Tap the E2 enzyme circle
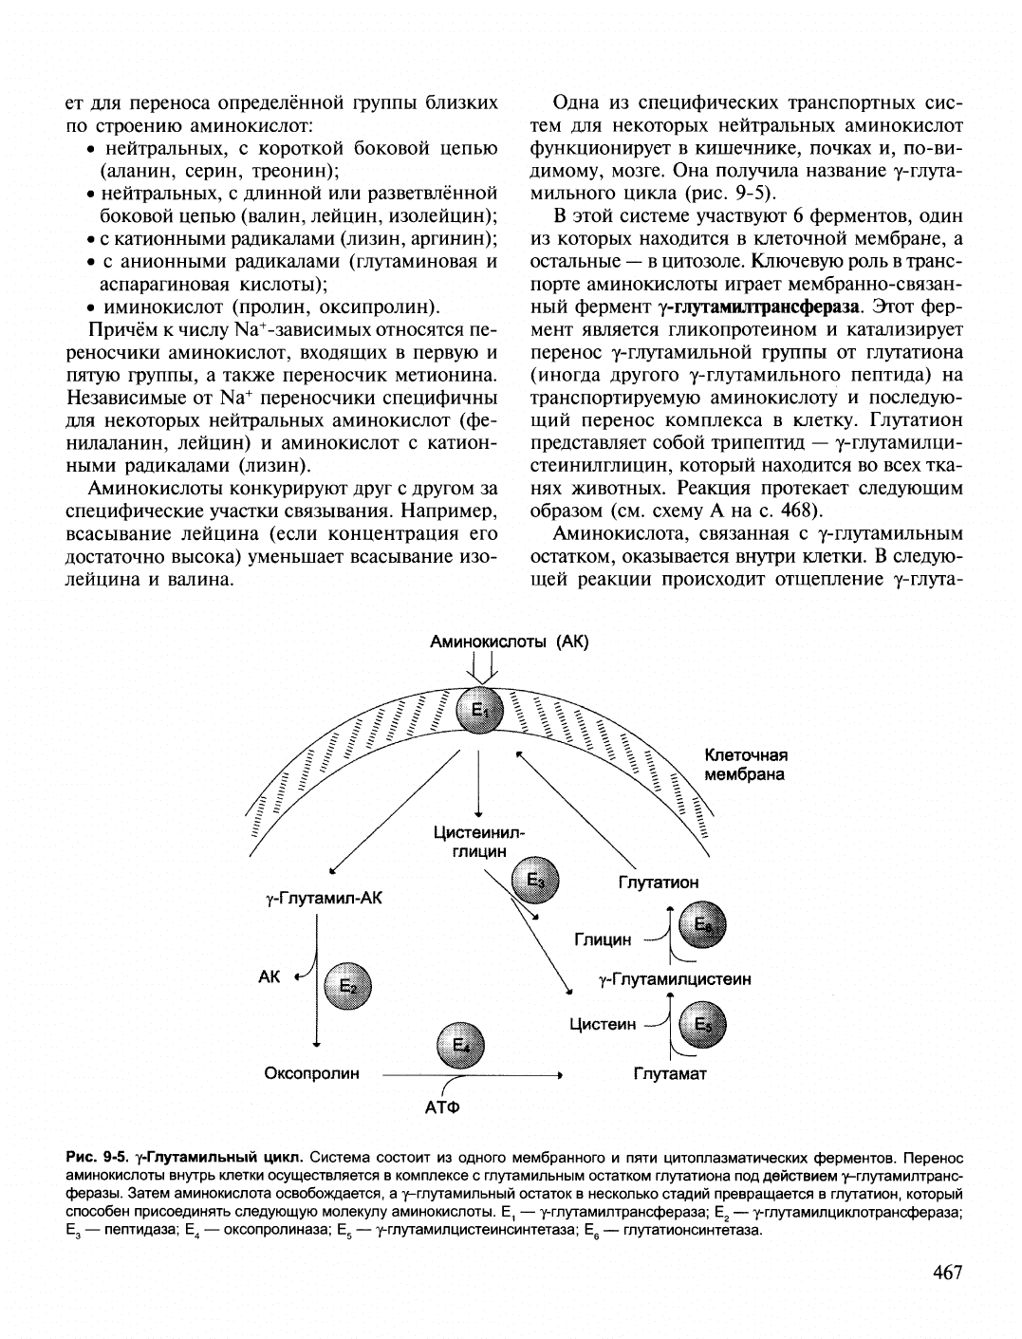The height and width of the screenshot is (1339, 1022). pos(348,987)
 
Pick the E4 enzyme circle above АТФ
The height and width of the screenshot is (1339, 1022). pos(459,1045)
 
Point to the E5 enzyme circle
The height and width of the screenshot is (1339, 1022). pos(702,1025)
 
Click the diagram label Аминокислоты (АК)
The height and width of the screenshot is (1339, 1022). pos(510,642)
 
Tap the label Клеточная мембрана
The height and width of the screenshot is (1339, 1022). pos(746,765)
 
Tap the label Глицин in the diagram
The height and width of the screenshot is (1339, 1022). pos(603,939)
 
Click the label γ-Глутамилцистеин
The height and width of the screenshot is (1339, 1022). pos(675,978)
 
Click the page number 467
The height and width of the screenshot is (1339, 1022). pos(942,1274)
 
